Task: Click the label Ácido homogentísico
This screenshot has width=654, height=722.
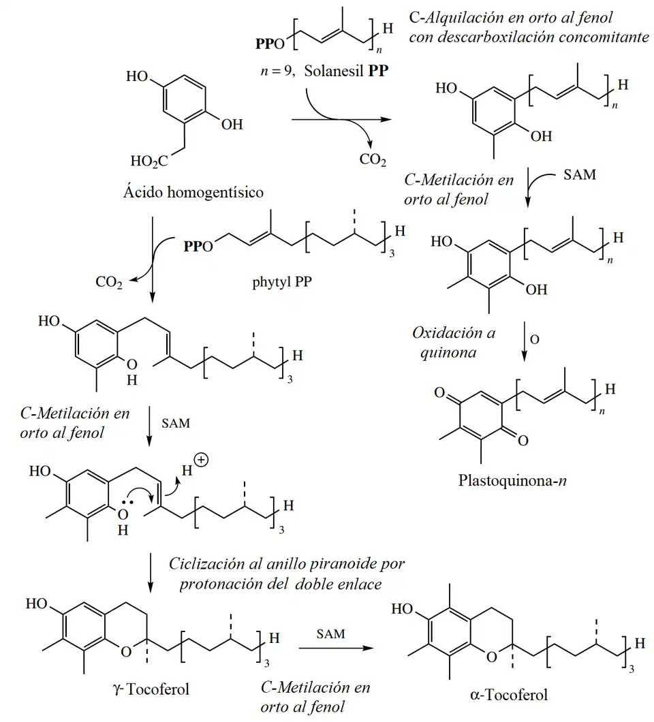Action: pos(193,193)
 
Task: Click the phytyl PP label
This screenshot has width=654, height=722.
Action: pos(280,283)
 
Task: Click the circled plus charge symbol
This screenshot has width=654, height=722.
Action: pos(202,460)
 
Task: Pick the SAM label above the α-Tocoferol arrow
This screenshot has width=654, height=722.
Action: pos(330,633)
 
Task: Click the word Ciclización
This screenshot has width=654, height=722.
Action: pos(204,564)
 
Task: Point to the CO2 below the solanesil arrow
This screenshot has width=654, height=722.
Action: pos(373,160)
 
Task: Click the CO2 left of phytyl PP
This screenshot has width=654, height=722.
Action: pos(108,281)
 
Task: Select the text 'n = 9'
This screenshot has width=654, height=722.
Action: pos(275,70)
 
